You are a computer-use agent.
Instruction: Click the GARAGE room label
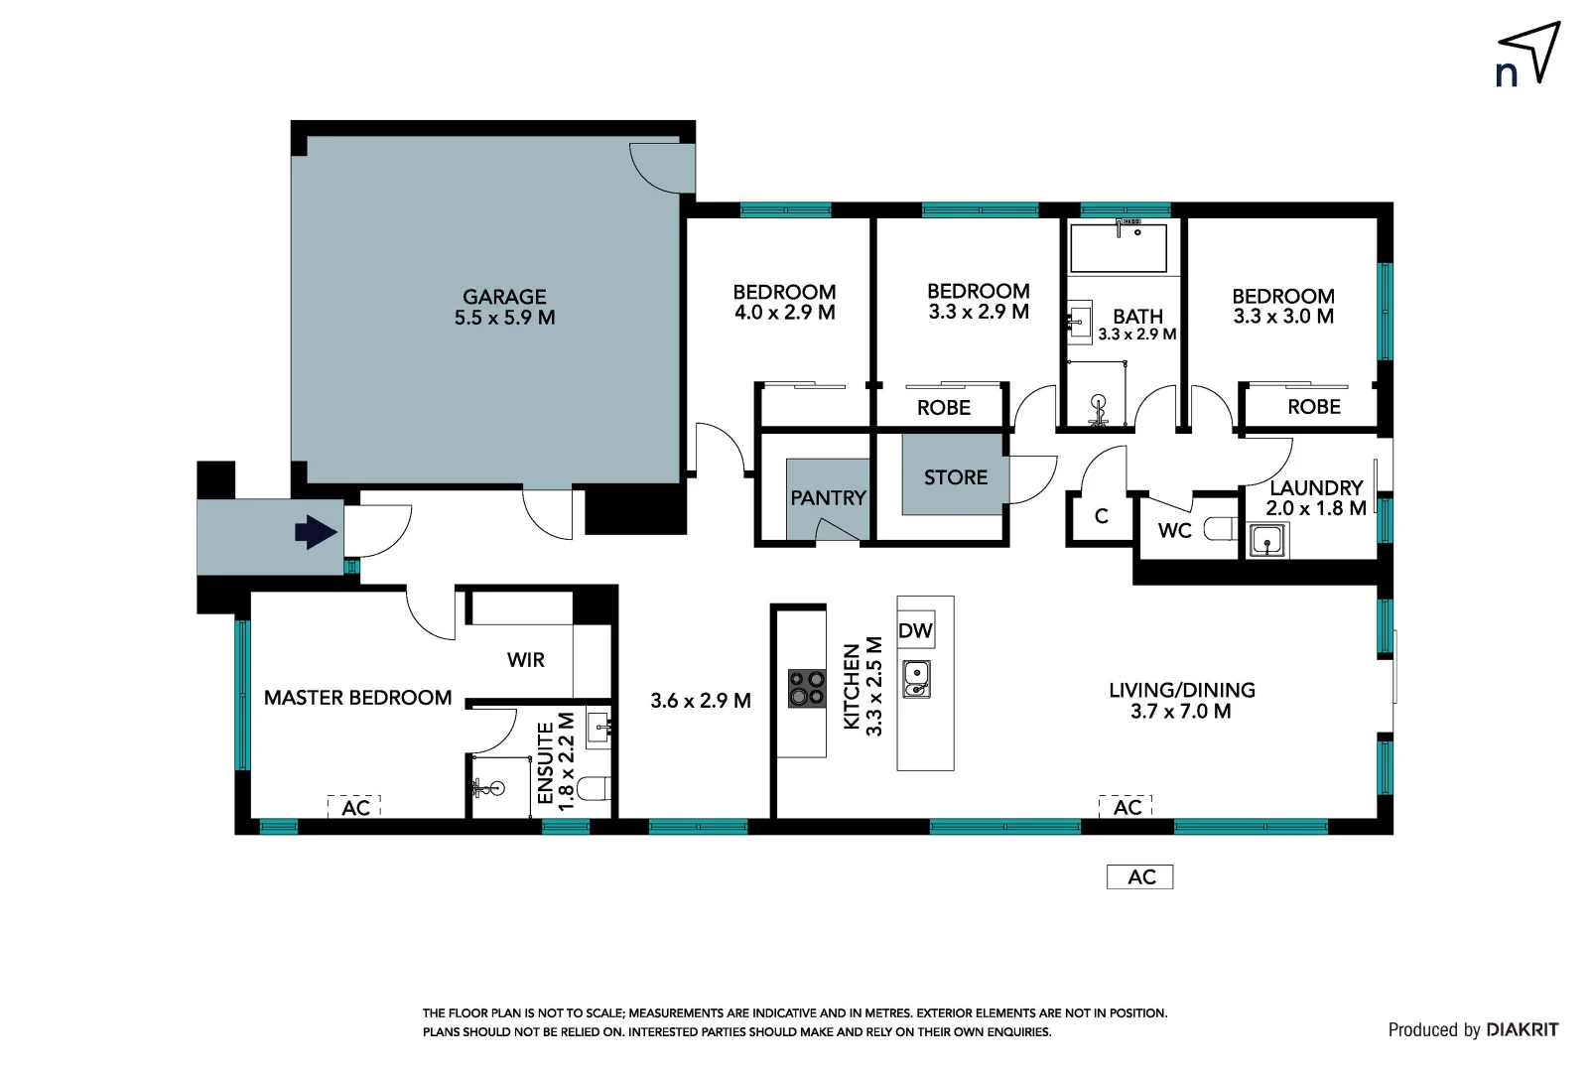504,297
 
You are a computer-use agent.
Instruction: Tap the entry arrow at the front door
317,532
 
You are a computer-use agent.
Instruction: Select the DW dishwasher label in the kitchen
915,630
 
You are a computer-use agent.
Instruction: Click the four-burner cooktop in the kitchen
807,688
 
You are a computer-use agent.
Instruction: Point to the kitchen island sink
916,680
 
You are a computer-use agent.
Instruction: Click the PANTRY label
828,497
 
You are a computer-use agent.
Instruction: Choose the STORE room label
955,477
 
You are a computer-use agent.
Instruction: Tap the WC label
1174,531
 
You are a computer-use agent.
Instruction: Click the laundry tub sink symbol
1266,541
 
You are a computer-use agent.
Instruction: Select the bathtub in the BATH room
1118,248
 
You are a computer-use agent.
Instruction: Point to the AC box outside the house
1140,876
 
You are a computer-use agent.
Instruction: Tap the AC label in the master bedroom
355,808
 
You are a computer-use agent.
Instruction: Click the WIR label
525,660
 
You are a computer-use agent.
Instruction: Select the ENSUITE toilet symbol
594,789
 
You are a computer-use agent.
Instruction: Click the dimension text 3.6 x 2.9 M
700,701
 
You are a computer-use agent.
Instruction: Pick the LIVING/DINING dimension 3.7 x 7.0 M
1180,712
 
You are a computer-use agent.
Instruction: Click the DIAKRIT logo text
1522,1029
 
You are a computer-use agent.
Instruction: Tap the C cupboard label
1101,516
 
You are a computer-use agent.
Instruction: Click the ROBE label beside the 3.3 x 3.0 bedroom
1313,407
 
